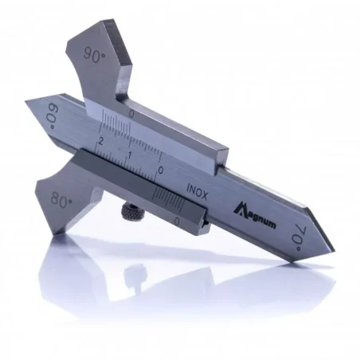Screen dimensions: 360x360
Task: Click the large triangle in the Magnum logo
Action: (240, 209)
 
